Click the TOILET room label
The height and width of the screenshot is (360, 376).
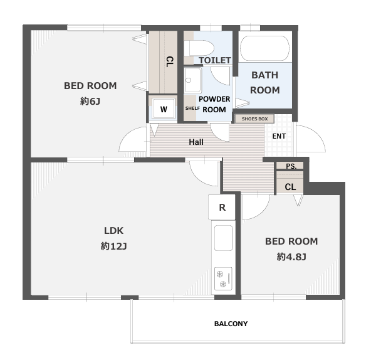(215, 60)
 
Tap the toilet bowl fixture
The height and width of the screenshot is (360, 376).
(201, 48)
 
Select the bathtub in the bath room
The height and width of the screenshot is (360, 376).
(264, 48)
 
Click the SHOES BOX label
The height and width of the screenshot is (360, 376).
(254, 119)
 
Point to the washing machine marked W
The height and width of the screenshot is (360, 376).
(164, 109)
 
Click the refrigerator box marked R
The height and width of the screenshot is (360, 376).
(222, 207)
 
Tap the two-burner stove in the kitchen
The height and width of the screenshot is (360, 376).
(223, 278)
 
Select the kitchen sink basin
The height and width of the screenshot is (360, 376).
(224, 238)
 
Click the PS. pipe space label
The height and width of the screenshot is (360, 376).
(291, 166)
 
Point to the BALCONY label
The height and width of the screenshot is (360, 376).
(231, 324)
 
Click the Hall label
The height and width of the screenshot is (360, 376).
(196, 142)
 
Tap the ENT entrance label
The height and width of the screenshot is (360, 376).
(279, 136)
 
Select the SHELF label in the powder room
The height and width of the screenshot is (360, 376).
(192, 109)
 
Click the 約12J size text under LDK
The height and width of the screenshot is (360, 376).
(113, 246)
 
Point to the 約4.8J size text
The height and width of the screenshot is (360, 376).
(291, 257)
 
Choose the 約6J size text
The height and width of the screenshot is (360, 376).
(90, 101)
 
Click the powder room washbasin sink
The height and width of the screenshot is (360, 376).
(192, 80)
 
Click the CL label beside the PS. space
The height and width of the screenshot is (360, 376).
(290, 187)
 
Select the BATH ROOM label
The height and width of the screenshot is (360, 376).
(264, 83)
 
